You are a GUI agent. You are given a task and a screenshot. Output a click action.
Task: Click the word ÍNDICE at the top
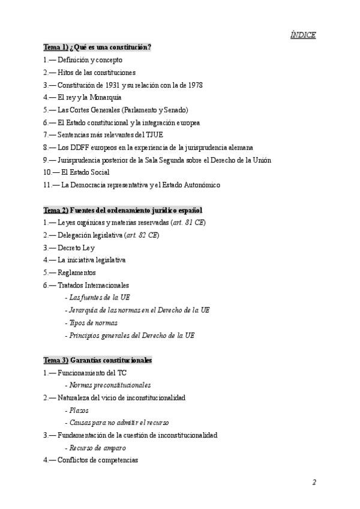coord(303,35)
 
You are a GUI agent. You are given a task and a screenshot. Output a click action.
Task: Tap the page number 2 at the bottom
coord(314,482)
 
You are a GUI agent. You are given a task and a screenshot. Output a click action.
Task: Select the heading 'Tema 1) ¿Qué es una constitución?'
coord(97,47)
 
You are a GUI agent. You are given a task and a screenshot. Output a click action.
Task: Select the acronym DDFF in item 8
coord(82,147)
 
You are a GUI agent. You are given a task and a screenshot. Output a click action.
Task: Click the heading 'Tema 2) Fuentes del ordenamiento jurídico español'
coord(123,210)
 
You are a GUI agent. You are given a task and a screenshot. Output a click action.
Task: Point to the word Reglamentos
coord(77,273)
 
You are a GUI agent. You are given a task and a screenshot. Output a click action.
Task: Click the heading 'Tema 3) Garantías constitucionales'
coord(98,360)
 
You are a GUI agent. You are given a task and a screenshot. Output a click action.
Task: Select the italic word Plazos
coord(79,410)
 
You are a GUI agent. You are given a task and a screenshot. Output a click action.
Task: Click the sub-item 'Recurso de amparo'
coord(97,448)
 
